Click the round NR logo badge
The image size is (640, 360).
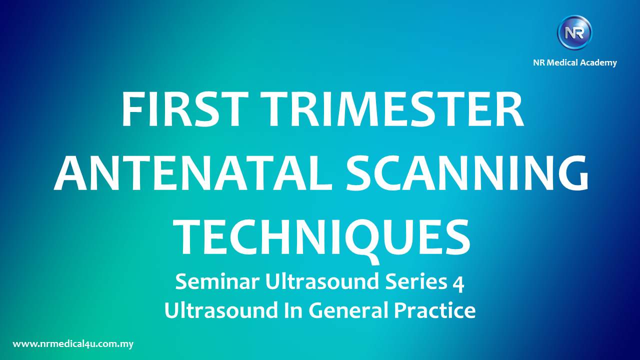click(574, 32)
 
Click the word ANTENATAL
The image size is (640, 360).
click(193, 173)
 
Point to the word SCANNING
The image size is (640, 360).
click(467, 173)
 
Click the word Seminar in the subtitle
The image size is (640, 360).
click(217, 281)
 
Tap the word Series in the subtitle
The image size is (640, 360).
click(416, 281)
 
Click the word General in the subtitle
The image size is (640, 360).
click(348, 310)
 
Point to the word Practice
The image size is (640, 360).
click(435, 310)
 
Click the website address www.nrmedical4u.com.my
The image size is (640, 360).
click(73, 344)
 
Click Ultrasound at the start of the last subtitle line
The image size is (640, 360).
click(221, 310)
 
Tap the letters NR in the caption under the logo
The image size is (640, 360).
click(539, 62)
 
